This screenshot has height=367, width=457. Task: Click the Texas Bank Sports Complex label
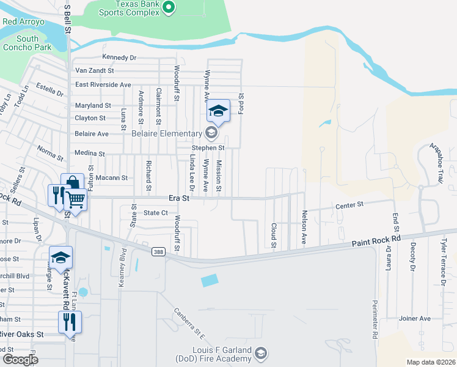click(x=127, y=7)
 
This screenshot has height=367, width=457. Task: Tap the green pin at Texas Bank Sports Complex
click(x=170, y=7)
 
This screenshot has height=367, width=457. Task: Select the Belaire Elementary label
click(x=167, y=134)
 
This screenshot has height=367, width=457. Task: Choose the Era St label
click(x=179, y=199)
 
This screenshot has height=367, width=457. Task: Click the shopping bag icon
click(x=72, y=183)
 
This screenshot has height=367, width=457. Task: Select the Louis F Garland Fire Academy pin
click(x=261, y=353)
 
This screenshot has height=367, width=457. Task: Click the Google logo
click(x=20, y=360)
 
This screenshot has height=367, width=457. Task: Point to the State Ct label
click(x=155, y=213)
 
